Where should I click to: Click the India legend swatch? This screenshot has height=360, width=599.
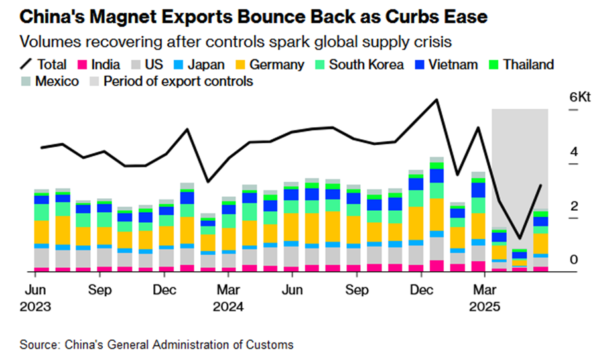click(82, 65)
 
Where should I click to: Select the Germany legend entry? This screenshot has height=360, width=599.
click(272, 65)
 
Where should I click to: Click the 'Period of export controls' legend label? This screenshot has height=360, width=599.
click(178, 82)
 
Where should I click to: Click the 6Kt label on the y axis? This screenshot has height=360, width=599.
click(580, 97)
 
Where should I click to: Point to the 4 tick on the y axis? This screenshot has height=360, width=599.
click(574, 151)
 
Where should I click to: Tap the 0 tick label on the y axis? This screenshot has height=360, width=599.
click(574, 260)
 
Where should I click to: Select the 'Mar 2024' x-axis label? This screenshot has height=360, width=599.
click(229, 299)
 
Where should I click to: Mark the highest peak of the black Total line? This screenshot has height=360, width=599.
click(436, 100)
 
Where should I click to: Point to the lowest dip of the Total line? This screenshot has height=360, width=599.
click(520, 238)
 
